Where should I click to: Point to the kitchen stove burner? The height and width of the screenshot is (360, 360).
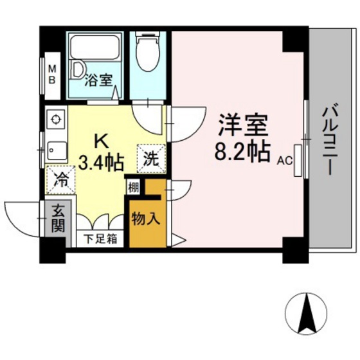pyautogui.click(x=56, y=120)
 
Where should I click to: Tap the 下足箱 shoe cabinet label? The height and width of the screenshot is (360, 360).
pyautogui.click(x=101, y=239)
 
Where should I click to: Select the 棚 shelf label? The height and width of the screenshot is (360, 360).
pyautogui.click(x=133, y=188)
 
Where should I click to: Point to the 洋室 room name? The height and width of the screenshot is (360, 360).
pyautogui.click(x=242, y=122)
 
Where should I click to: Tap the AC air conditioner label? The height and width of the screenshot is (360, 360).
pyautogui.click(x=285, y=162)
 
